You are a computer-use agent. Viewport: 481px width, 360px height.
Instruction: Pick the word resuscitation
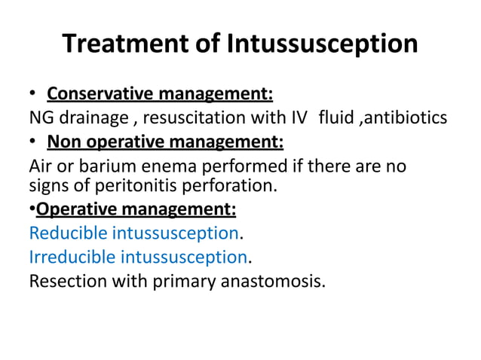click(188, 118)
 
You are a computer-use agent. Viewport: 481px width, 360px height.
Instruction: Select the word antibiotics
click(412, 118)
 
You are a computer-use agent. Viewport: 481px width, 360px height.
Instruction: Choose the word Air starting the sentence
click(41, 165)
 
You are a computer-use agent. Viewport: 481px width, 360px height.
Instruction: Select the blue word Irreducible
click(72, 258)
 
